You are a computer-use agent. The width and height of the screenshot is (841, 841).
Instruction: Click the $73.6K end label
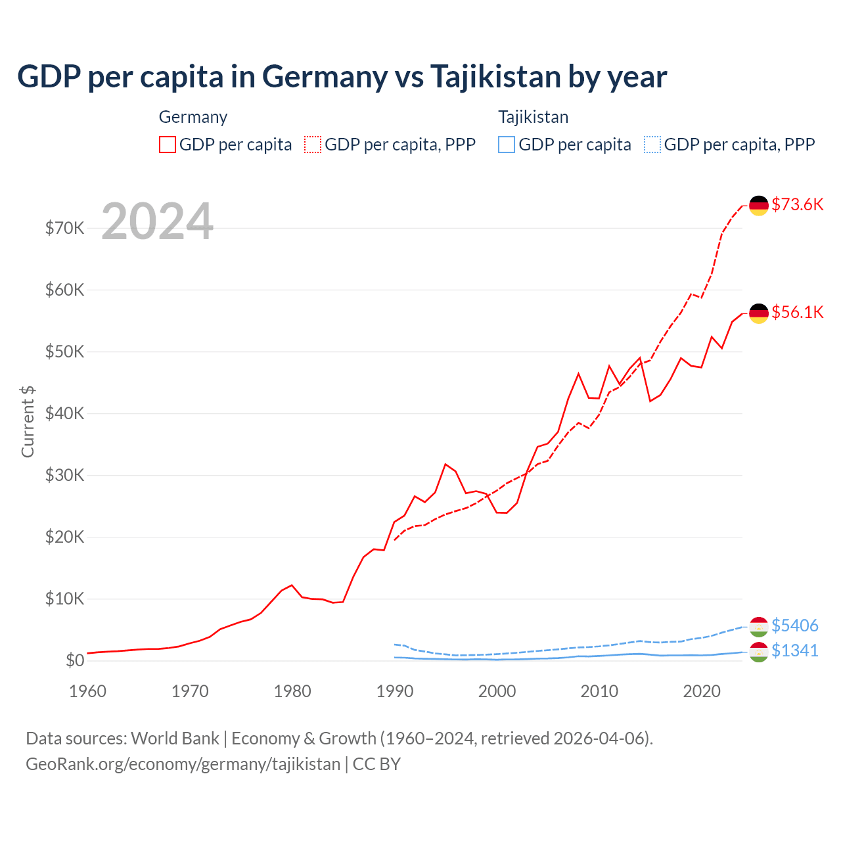point(797,204)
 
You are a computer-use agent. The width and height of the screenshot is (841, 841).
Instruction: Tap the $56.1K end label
point(797,312)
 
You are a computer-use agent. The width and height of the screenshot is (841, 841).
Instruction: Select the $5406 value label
point(794,625)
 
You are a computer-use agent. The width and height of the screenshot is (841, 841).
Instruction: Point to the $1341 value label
point(794,650)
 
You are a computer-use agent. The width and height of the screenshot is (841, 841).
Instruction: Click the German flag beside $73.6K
point(759,205)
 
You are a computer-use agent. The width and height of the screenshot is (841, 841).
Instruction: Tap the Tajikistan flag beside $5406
point(759,627)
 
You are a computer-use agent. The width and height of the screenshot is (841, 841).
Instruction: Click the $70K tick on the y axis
point(64,228)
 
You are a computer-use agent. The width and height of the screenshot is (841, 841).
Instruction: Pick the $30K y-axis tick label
point(64,475)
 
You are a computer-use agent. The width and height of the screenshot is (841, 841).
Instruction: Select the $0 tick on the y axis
point(75,660)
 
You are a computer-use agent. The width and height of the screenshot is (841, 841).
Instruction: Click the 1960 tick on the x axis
point(87,691)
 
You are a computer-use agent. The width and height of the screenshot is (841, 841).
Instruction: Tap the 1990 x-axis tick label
point(395,691)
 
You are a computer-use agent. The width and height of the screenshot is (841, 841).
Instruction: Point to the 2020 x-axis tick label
point(702,691)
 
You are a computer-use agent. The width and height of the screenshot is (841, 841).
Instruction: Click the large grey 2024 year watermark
point(157,221)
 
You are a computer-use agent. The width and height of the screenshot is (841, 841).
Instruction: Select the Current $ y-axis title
point(28,422)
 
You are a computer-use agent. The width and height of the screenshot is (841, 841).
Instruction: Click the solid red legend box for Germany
point(168,145)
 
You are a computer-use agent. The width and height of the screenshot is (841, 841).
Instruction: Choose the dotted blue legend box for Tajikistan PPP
point(652,145)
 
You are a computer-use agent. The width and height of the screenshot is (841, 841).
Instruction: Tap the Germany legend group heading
point(193,117)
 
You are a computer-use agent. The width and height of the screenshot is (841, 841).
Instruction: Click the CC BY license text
point(376,764)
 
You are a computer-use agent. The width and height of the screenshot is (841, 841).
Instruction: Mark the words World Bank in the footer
point(175,739)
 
